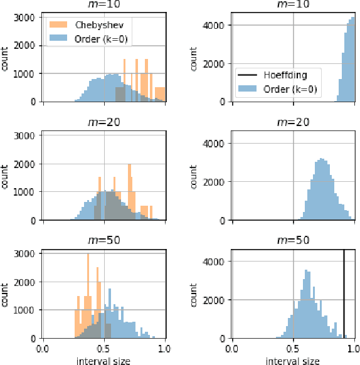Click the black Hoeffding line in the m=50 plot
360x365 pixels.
344,295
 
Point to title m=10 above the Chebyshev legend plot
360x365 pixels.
103,5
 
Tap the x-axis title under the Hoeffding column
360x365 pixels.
293,361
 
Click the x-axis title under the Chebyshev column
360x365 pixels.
103,361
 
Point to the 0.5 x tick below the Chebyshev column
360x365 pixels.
104,348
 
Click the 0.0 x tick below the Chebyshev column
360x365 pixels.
43,348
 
